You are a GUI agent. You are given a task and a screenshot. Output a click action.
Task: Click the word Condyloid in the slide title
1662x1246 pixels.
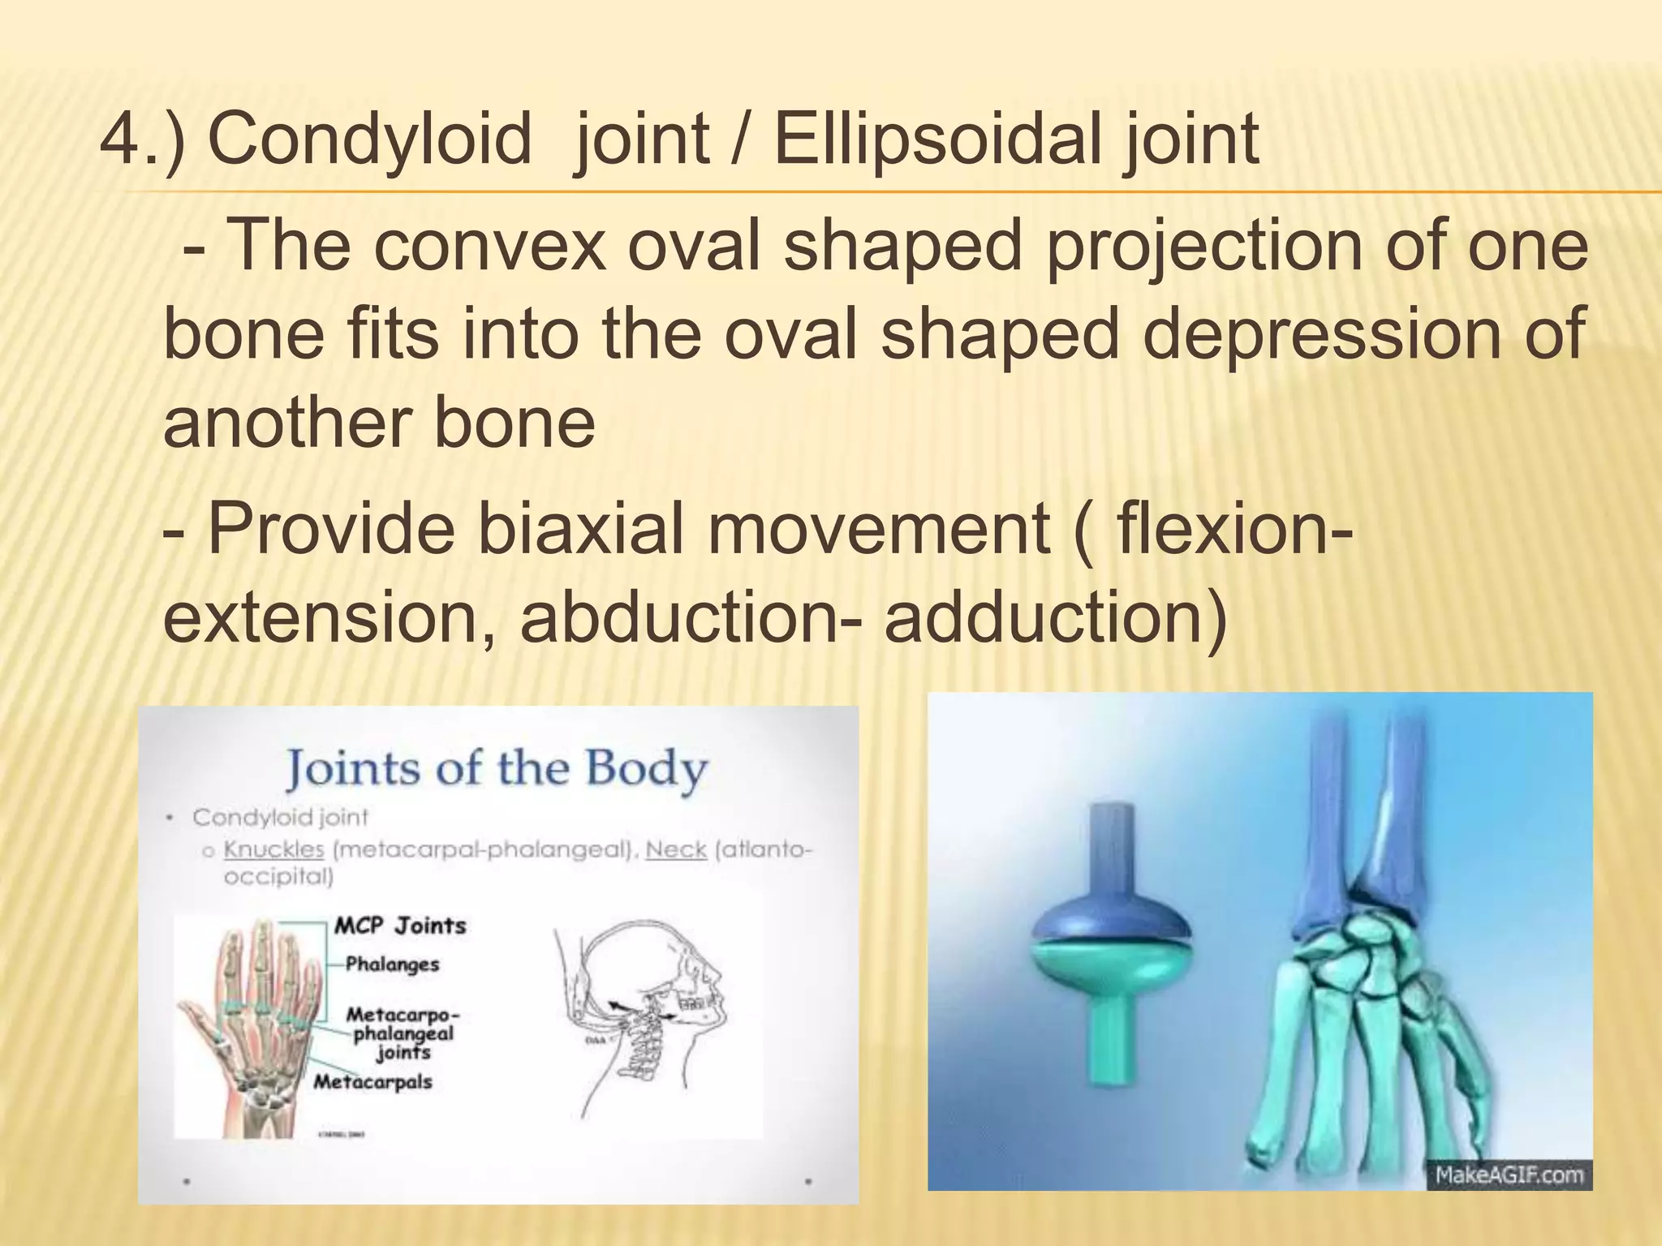[369, 140]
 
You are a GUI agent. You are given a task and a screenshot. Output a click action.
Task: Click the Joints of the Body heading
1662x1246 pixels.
[497, 768]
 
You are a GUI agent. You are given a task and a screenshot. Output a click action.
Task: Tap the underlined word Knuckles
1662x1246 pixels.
[273, 849]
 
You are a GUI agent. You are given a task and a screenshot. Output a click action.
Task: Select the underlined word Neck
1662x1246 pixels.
[676, 849]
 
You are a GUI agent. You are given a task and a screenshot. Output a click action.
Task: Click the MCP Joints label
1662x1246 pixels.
[400, 926]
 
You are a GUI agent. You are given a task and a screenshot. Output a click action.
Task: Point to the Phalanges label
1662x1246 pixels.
[392, 965]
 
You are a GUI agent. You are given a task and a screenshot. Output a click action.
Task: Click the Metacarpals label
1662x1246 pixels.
[372, 1082]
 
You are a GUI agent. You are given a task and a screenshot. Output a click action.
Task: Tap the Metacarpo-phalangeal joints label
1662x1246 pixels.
[403, 1033]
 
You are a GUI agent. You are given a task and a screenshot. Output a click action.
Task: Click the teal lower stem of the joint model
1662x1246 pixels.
[1112, 1046]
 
